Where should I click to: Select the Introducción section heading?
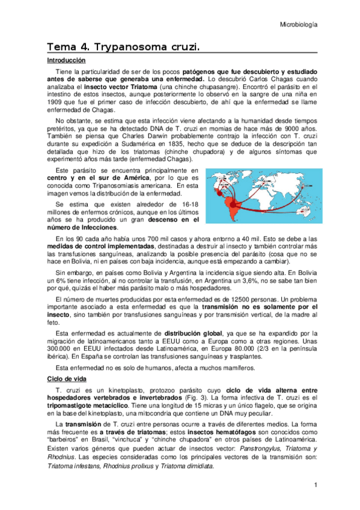[67, 61]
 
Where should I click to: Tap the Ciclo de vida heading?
[67, 378]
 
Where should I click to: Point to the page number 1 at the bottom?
[315, 485]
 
